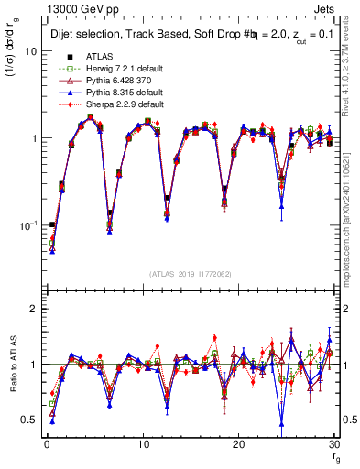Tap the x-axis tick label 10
click(143, 445)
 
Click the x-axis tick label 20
click(239, 445)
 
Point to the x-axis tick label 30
click(334, 445)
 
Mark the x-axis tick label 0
click(47, 445)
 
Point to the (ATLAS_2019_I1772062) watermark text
click(191, 273)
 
